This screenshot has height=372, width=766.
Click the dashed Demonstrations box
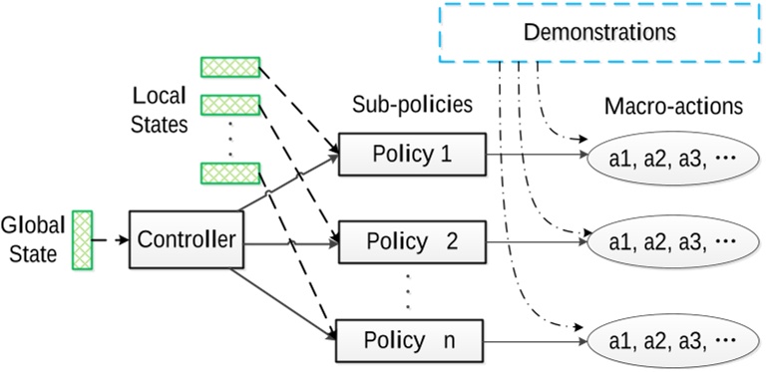coord(600,33)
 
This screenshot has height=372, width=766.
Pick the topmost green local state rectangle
coord(229,67)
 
